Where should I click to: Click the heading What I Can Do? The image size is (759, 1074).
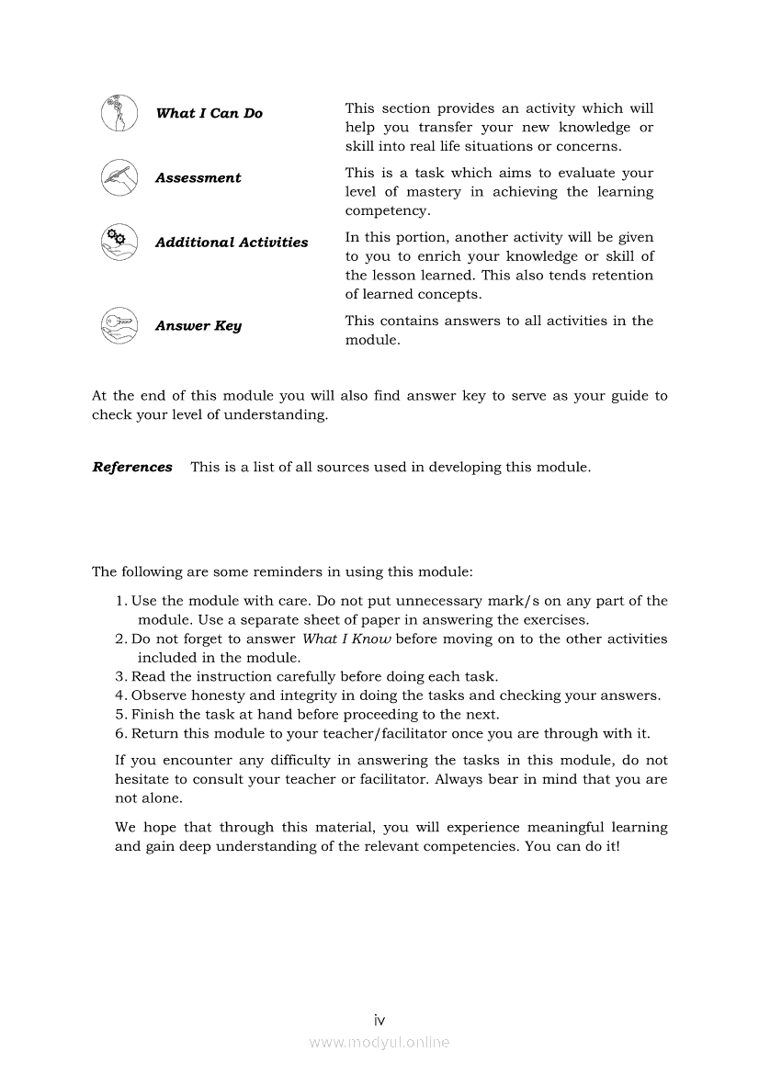point(209,113)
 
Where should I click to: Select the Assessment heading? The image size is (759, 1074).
point(198,178)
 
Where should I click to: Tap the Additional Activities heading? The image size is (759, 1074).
point(232,243)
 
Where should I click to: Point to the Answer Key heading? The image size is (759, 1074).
point(198,326)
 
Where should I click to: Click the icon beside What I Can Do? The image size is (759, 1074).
point(119,113)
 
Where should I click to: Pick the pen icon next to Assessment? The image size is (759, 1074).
point(119,177)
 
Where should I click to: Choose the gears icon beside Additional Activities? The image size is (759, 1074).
point(119,242)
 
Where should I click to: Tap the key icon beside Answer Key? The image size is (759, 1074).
point(119,325)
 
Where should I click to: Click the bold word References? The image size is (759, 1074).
point(132,467)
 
